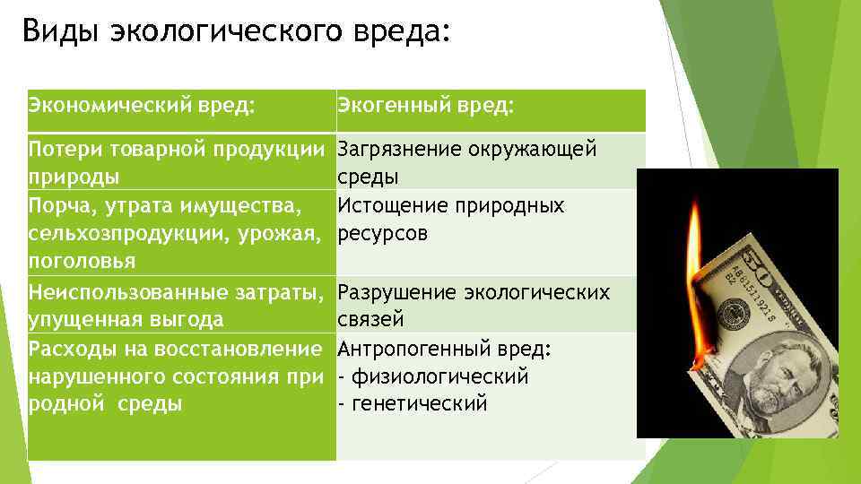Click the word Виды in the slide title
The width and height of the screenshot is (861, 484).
tap(60, 33)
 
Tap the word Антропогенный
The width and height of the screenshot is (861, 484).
tap(408, 348)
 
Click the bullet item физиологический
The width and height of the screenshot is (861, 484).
tap(439, 376)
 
